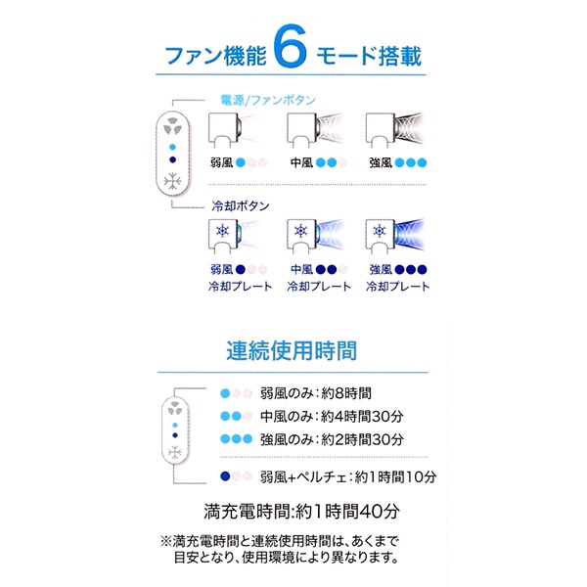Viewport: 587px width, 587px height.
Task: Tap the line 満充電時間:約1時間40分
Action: (293, 511)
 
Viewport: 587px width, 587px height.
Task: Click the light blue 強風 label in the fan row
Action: (381, 162)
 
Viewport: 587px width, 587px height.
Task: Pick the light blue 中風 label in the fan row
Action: (301, 162)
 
